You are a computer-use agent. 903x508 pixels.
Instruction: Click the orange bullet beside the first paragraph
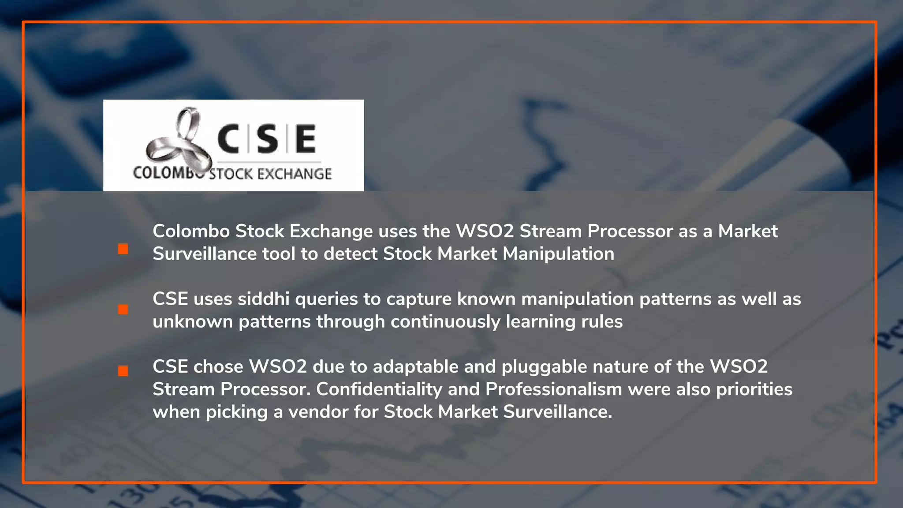pos(123,249)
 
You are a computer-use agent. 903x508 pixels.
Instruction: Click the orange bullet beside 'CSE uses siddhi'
pos(123,310)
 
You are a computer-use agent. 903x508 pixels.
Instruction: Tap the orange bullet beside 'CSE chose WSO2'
pos(123,371)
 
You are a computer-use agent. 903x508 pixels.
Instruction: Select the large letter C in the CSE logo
pos(228,138)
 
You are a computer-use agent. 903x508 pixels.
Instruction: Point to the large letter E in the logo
pos(306,138)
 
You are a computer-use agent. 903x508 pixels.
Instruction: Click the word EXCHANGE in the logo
pos(294,174)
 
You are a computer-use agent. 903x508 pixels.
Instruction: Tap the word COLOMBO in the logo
pos(163,173)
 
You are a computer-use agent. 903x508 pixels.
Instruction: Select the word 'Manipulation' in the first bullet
pos(558,254)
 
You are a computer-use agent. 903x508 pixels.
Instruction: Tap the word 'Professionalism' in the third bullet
pos(554,389)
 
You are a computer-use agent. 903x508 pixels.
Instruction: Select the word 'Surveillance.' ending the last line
pos(558,412)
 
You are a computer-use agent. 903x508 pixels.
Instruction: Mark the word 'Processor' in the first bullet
pos(630,231)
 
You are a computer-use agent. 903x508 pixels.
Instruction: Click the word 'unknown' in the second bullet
pos(193,321)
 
